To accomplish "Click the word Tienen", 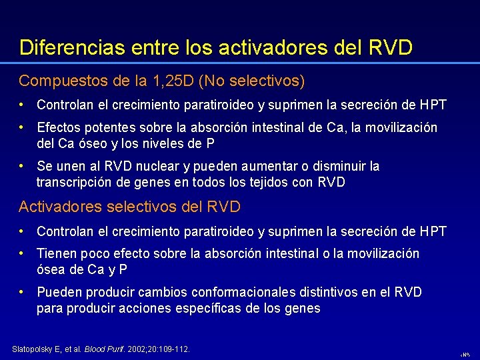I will pos(57,254).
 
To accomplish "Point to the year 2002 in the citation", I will pos(137,349).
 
